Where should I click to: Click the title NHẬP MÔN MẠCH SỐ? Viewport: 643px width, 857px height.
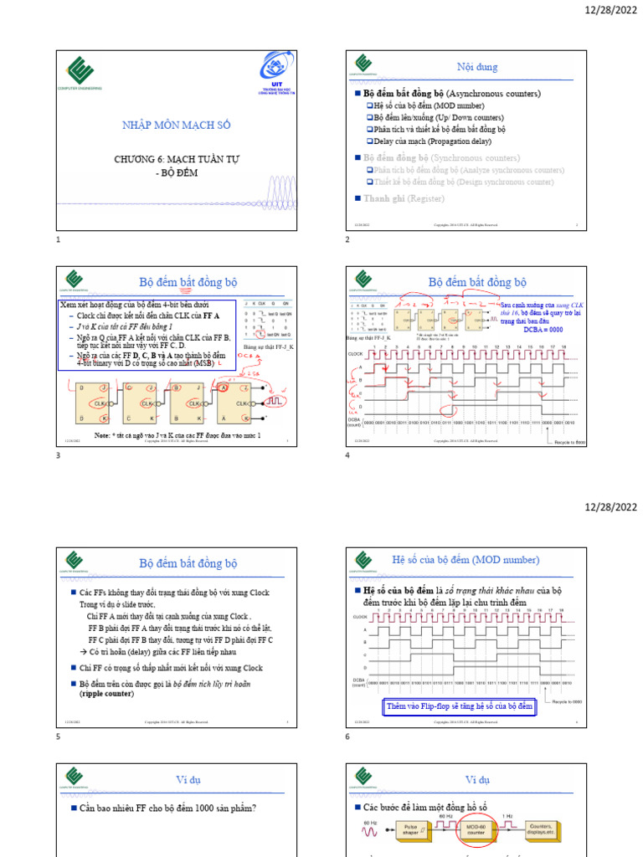[x=177, y=126]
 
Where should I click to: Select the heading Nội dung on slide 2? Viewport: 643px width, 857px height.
[x=470, y=65]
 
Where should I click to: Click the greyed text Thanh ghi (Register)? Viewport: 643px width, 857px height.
[x=404, y=198]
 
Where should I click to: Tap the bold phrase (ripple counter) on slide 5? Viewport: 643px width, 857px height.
[x=109, y=695]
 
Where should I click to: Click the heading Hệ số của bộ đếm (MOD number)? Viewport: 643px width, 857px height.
[x=466, y=559]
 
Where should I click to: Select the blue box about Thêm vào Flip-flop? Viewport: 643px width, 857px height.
[x=459, y=706]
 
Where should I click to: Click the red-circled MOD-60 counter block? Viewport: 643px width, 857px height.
[x=474, y=834]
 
